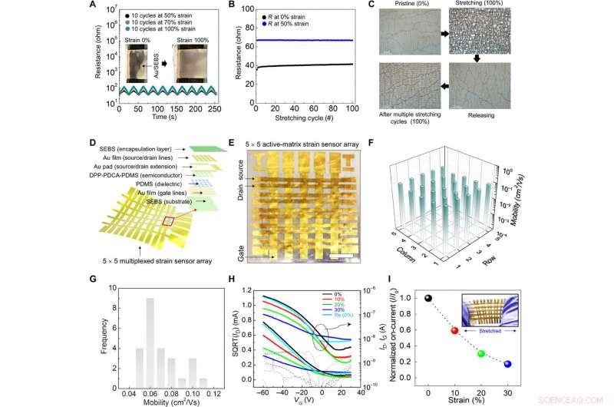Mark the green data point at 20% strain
481,354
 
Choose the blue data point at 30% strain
508,363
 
